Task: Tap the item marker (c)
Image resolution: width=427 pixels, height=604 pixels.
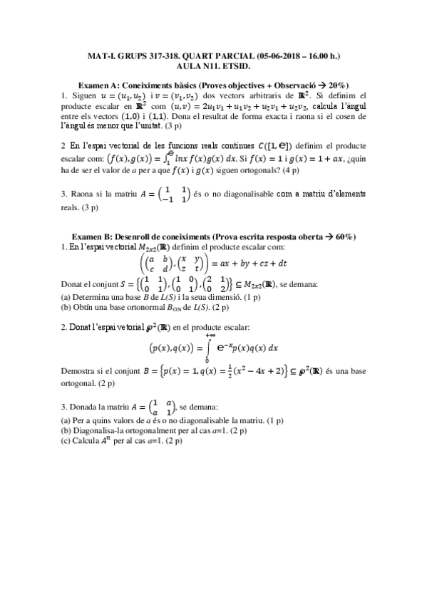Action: [65, 441]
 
